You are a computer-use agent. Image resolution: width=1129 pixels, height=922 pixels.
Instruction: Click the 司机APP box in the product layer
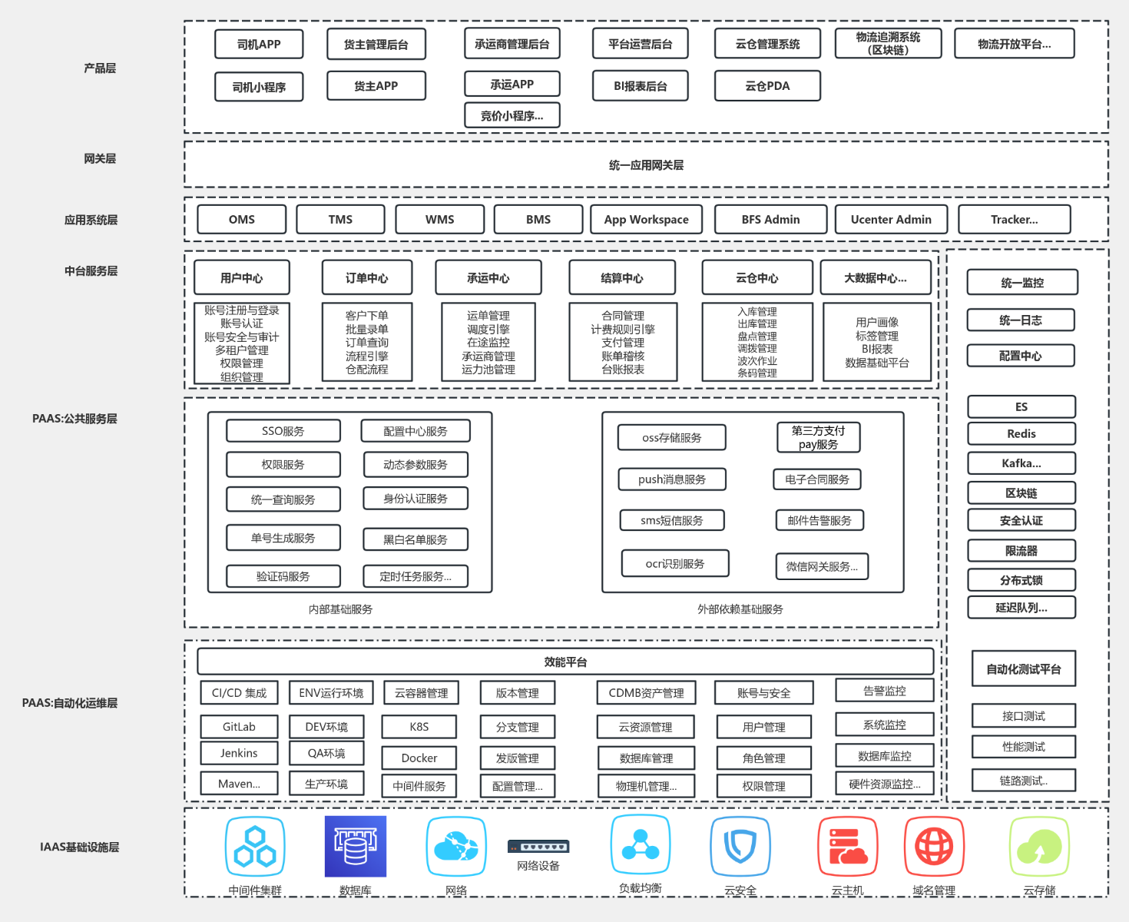[x=259, y=45]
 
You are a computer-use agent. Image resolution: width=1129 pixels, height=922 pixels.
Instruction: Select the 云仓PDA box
[x=767, y=86]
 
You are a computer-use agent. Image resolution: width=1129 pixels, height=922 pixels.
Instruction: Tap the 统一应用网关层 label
[x=646, y=165]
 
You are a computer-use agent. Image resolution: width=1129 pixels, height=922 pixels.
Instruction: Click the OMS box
[x=242, y=220]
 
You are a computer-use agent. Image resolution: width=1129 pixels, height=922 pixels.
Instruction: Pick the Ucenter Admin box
[x=891, y=220]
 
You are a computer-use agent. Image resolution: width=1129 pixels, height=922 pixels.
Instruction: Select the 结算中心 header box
[x=622, y=278]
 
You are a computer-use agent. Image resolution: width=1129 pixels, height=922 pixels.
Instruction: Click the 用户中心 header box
[x=242, y=278]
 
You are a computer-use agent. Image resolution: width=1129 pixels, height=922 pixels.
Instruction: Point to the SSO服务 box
[x=283, y=431]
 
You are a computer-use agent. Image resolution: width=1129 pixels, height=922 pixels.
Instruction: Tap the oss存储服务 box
[x=672, y=438]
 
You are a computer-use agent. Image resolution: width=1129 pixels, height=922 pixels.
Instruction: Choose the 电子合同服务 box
[x=817, y=479]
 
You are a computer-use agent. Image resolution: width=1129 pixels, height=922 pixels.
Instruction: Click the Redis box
[x=1021, y=434]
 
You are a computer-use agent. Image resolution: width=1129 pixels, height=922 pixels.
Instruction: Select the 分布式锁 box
[x=1021, y=580]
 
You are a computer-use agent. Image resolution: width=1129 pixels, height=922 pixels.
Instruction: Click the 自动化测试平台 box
[x=1024, y=669]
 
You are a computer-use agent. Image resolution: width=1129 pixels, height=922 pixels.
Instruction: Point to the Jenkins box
[x=239, y=753]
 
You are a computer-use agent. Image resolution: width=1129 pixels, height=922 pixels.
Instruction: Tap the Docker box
[x=419, y=758]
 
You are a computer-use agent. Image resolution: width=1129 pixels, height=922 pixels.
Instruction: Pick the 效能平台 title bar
[x=565, y=662]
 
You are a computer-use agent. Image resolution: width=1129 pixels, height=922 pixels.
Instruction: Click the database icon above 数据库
[x=356, y=847]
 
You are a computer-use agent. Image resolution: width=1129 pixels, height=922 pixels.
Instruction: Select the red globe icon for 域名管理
[x=934, y=847]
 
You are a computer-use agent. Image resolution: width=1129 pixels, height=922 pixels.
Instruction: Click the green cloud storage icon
[x=1039, y=847]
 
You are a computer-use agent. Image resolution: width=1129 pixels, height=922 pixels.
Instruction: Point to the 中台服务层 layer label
[x=91, y=270]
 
